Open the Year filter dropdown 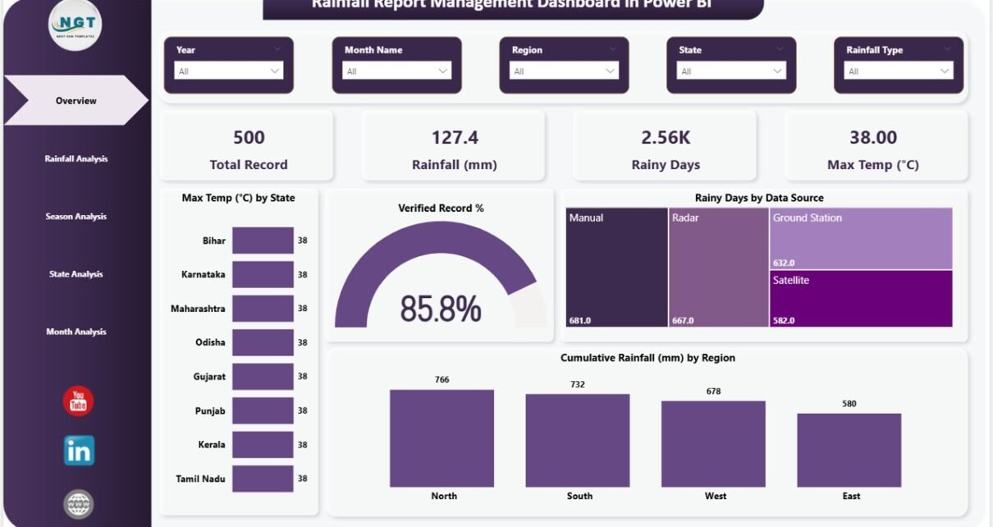[228, 71]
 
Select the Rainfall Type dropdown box [899, 71]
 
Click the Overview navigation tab [76, 101]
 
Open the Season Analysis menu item [76, 217]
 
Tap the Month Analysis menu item [76, 332]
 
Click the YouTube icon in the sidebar [78, 401]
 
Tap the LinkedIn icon [79, 451]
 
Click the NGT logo [75, 24]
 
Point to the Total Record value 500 [249, 137]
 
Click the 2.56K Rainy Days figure [666, 137]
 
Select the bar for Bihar [263, 241]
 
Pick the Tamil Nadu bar [263, 479]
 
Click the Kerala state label [211, 444]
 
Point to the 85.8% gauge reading [441, 309]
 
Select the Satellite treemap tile [861, 299]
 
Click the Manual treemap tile [616, 267]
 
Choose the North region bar [442, 438]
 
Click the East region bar [849, 450]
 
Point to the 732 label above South [578, 384]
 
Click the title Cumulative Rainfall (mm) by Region [648, 358]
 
